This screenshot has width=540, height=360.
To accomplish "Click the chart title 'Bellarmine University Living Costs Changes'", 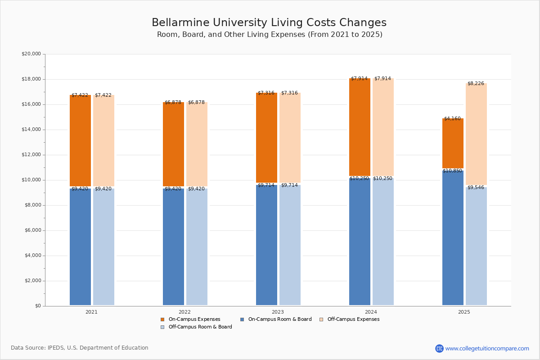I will point(269,23).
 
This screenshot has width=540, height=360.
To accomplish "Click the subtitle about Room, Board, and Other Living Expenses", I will point(270,35).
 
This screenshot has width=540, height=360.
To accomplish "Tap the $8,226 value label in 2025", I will point(476,84).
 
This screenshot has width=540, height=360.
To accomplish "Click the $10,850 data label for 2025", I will point(452,171).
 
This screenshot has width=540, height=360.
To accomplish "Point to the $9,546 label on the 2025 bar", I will point(476,188).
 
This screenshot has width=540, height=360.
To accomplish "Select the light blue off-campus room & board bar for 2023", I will point(290,245).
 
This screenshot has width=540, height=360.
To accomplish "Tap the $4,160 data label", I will point(452,119).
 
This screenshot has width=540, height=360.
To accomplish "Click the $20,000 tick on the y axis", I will point(31,54).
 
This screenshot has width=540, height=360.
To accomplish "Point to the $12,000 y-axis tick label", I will point(31,155).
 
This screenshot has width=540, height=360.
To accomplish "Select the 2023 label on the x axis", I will point(278,312).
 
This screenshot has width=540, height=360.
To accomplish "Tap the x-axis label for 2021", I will point(91,312).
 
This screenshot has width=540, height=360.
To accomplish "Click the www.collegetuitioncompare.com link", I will point(487,348).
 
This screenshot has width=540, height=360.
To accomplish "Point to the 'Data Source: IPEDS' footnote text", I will point(80,348).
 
